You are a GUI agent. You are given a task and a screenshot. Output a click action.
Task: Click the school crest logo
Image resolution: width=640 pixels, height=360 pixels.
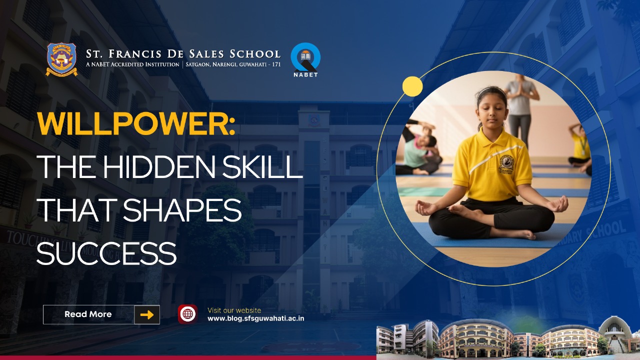pyautogui.click(x=61, y=59)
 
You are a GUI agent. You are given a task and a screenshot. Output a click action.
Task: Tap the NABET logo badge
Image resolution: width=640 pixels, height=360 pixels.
pyautogui.click(x=305, y=59)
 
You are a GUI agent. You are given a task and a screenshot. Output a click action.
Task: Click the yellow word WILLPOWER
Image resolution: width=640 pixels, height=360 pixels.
pyautogui.click(x=136, y=123)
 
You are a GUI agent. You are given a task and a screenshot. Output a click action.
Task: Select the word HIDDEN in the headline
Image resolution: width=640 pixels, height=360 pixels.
pyautogui.click(x=158, y=167)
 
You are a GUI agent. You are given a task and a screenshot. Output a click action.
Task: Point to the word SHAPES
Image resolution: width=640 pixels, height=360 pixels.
pyautogui.click(x=182, y=210)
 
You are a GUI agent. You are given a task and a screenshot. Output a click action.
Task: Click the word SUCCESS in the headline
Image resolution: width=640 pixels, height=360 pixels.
pyautogui.click(x=106, y=253)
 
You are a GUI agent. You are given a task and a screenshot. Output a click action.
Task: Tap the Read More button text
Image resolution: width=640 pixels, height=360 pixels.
pyautogui.click(x=88, y=314)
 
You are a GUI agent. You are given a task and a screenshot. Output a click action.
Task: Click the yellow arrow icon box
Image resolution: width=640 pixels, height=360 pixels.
pyautogui.click(x=147, y=314)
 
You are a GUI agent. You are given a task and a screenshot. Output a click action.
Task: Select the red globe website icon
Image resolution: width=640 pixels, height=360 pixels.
pyautogui.click(x=187, y=314)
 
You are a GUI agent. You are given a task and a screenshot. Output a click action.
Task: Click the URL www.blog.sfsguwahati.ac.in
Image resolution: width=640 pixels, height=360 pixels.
pyautogui.click(x=255, y=318)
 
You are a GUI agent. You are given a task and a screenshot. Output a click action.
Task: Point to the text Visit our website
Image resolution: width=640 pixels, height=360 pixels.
pyautogui.click(x=234, y=310)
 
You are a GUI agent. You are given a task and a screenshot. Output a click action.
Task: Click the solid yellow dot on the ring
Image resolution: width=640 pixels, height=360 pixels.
pyautogui.click(x=412, y=86)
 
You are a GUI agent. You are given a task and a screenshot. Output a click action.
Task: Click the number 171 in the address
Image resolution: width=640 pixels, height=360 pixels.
pyautogui.click(x=276, y=64)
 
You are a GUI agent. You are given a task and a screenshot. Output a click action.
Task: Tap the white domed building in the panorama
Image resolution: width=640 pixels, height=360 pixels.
pyautogui.click(x=614, y=334)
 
